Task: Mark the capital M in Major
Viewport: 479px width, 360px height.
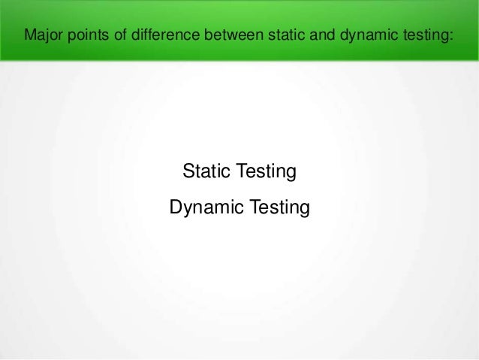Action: coord(30,34)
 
